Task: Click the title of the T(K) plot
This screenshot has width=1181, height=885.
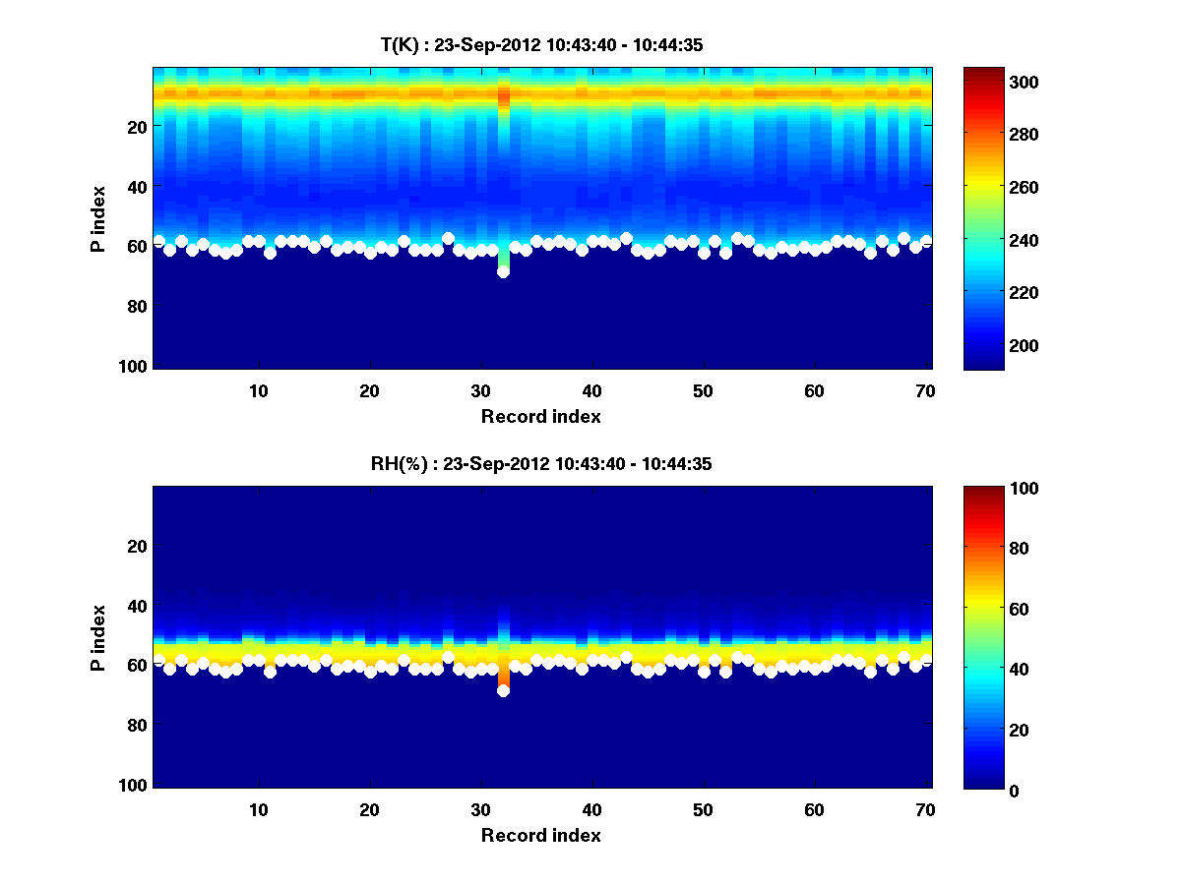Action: point(541,44)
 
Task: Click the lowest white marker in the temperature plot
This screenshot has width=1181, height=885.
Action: point(503,271)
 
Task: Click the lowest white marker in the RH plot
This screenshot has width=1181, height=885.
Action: point(503,690)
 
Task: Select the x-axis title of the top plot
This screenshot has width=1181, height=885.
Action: point(540,416)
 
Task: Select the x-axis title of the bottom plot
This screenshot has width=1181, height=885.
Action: point(540,835)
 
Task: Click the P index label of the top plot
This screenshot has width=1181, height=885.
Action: point(97,218)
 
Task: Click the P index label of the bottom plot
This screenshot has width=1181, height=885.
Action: point(97,637)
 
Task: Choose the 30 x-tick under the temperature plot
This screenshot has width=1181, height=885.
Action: point(480,390)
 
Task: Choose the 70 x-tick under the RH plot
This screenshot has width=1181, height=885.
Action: point(925,809)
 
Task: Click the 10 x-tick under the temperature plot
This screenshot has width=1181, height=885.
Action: point(258,390)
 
